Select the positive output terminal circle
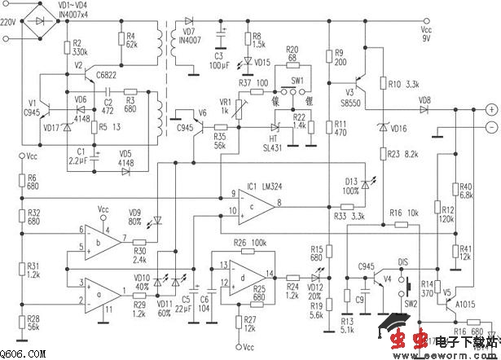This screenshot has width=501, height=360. [490, 109]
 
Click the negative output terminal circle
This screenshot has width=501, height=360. [490, 128]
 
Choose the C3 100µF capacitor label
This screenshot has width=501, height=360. [220, 59]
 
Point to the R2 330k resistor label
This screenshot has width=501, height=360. [81, 46]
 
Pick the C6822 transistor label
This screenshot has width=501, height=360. [108, 75]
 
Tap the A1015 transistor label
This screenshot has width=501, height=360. [466, 303]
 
